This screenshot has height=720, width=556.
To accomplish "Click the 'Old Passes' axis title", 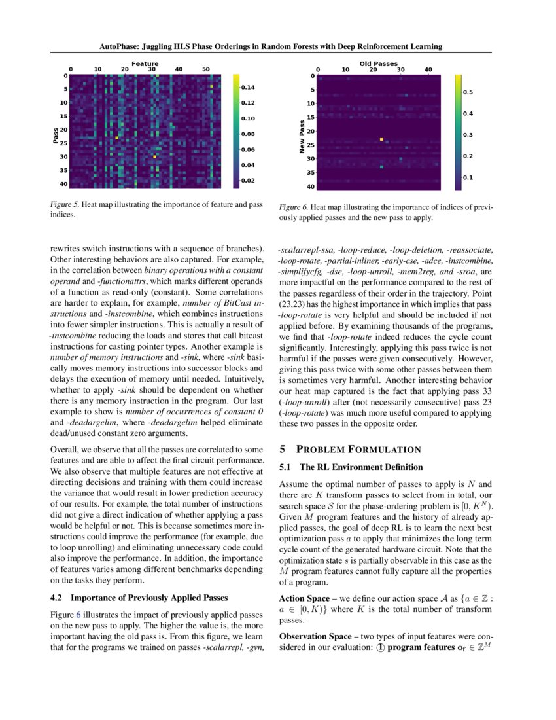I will (x=378, y=63).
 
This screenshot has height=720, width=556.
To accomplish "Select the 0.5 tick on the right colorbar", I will (x=468, y=93).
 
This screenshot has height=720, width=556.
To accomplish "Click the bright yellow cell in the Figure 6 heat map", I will (x=381, y=139).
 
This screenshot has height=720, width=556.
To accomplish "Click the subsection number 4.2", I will (x=58, y=597).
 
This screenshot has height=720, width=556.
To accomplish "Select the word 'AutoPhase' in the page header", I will (x=119, y=46).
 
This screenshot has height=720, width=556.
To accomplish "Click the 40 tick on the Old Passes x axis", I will (x=428, y=69).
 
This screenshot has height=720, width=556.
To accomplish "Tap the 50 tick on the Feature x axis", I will (x=205, y=69).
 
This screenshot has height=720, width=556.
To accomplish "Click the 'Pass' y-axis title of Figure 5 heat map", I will (x=55, y=135).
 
